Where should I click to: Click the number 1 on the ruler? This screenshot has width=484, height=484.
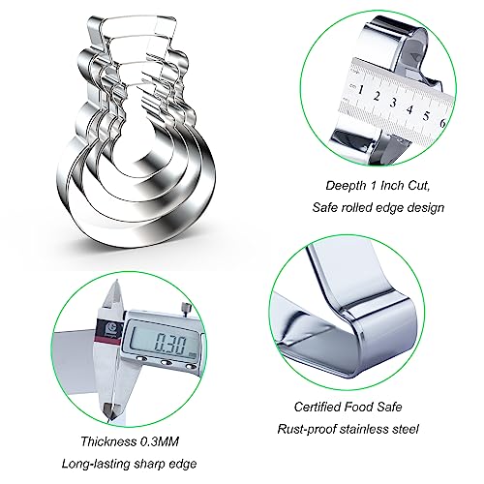(x=360, y=89)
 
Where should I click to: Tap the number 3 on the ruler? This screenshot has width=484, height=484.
(x=393, y=103)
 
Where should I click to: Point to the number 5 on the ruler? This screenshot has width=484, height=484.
(x=426, y=115)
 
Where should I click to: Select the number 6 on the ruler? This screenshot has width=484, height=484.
(x=442, y=123)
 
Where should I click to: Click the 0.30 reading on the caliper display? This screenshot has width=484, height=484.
(x=170, y=344)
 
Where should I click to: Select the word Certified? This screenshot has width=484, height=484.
(x=315, y=407)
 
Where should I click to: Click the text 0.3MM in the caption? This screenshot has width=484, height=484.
(x=159, y=441)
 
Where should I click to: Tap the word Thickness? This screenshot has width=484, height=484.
(x=108, y=441)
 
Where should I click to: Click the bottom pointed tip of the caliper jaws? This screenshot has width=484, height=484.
(x=107, y=421)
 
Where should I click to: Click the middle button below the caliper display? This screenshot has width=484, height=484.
(x=166, y=363)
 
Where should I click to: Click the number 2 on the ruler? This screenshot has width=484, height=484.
(x=377, y=96)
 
